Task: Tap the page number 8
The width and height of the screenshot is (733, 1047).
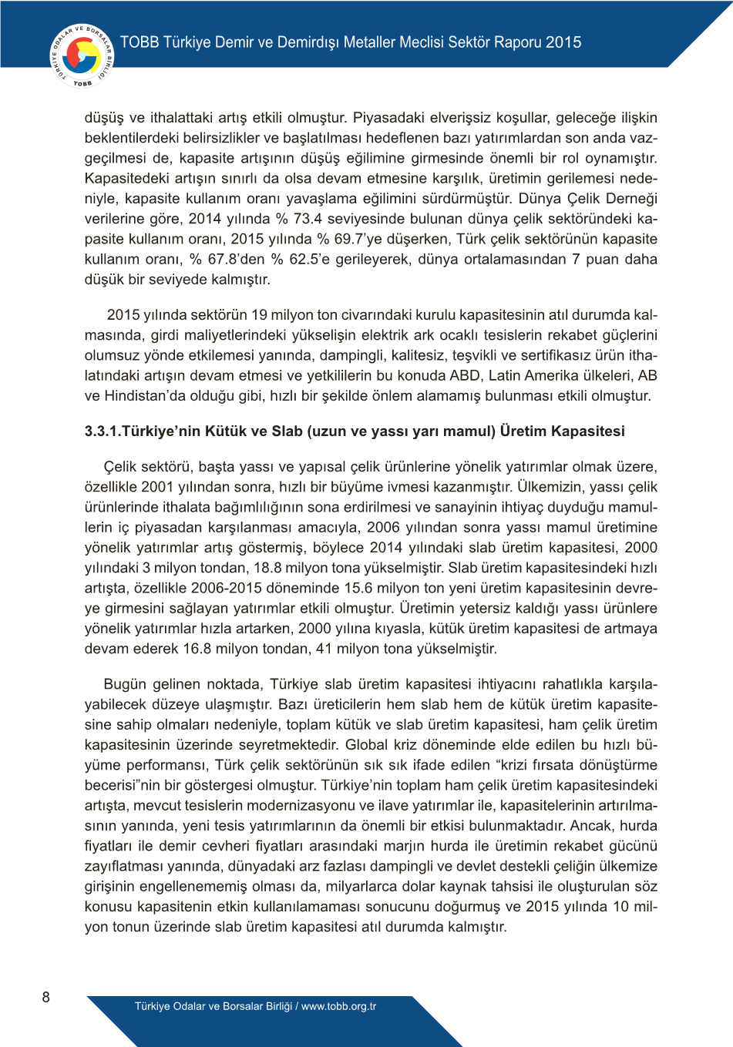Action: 45,997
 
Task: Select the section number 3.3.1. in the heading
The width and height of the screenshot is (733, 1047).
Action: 103,431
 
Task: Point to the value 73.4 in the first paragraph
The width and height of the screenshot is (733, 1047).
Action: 308,219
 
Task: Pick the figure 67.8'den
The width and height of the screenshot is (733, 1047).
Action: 229,259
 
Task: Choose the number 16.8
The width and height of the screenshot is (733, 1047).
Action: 201,649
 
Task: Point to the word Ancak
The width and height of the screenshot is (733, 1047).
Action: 590,826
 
